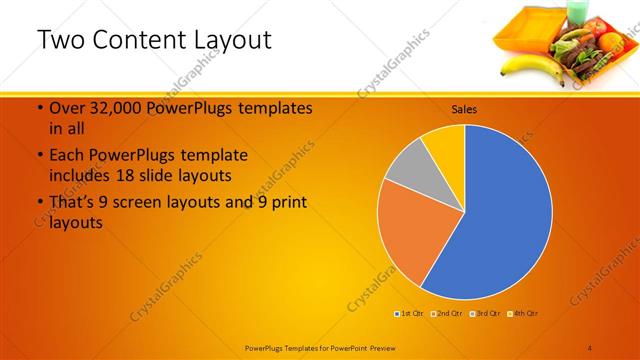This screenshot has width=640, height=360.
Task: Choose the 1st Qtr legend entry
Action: pos(411,314)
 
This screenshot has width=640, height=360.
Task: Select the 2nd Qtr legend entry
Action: pos(446,314)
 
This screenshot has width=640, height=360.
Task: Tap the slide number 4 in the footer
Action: pos(590,346)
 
